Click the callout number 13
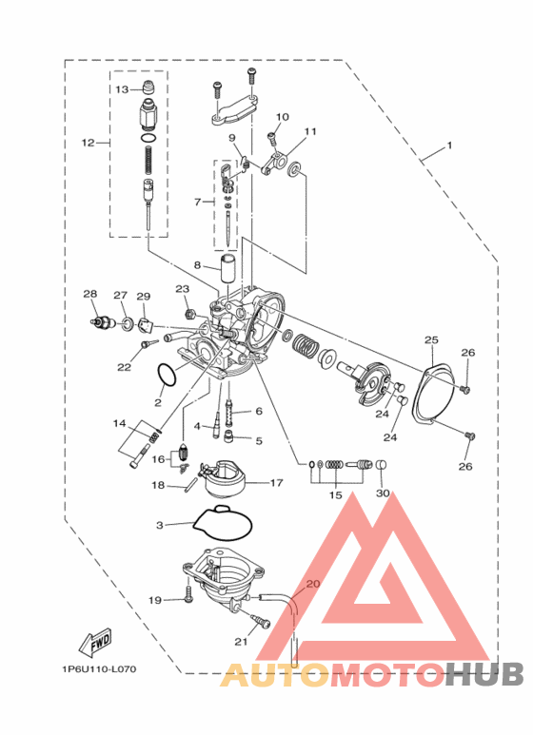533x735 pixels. point(122,89)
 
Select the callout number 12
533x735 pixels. point(89,143)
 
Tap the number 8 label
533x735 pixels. point(197,265)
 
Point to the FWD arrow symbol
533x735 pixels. point(96,641)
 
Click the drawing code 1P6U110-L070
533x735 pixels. point(99,668)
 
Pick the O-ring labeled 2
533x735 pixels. point(167,375)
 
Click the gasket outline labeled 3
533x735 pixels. point(223,523)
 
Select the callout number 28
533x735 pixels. point(90,294)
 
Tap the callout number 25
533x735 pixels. point(431,339)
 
